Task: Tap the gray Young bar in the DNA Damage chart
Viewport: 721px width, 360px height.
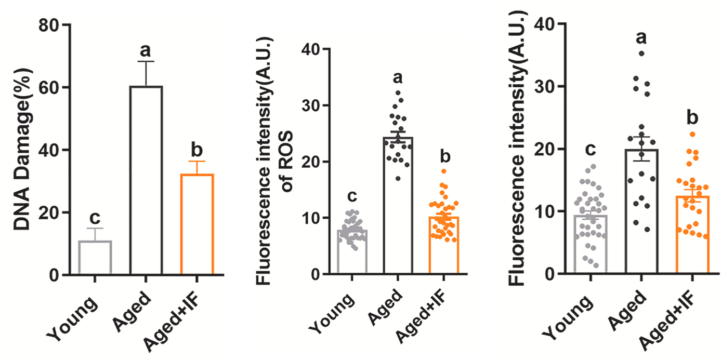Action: click(x=95, y=258)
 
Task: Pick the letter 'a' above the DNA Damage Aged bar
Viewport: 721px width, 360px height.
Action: click(x=146, y=50)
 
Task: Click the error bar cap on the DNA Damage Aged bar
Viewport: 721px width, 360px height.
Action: click(x=146, y=62)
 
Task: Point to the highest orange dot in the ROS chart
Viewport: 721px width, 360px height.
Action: click(x=443, y=171)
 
